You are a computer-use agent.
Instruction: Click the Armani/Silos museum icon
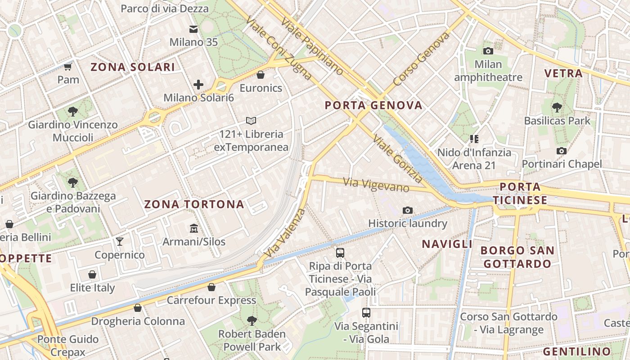click(x=194, y=228)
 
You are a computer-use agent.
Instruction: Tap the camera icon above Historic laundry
click(x=408, y=210)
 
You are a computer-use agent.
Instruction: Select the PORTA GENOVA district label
click(x=373, y=105)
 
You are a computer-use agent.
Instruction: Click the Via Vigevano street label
click(x=376, y=184)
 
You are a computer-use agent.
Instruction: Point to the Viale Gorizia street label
click(x=398, y=159)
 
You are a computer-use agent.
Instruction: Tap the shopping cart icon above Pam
click(x=68, y=67)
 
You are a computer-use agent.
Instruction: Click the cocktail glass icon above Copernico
click(x=119, y=242)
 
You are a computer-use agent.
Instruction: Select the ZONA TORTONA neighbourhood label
click(x=194, y=204)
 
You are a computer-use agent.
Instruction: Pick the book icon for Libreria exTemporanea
click(x=251, y=121)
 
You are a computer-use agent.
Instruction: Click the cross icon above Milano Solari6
click(x=198, y=84)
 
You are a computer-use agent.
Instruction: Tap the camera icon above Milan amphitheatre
click(x=488, y=51)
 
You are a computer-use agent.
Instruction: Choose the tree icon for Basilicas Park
click(x=557, y=107)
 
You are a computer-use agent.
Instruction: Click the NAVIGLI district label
click(x=447, y=244)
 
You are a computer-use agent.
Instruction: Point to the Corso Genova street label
click(x=421, y=59)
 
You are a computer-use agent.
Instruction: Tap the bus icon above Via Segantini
click(x=366, y=312)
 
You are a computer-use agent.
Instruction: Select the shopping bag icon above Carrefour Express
click(x=211, y=287)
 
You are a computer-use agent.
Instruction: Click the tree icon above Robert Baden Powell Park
click(x=252, y=320)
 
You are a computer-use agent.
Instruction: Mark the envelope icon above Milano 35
click(x=193, y=29)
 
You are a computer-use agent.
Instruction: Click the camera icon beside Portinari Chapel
click(x=561, y=151)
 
